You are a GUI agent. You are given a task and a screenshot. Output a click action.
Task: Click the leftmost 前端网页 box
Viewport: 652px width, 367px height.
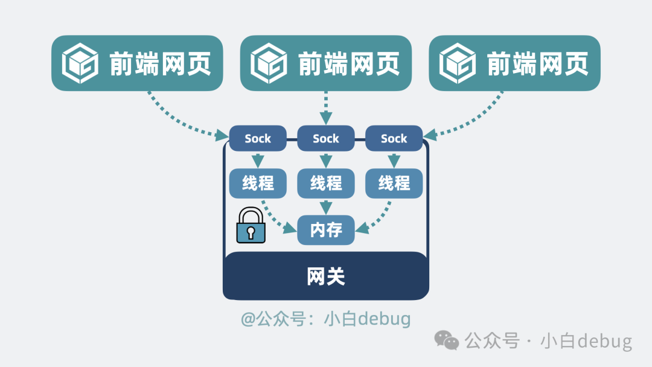137,63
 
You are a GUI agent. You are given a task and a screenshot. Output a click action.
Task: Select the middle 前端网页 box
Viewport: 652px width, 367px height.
326,63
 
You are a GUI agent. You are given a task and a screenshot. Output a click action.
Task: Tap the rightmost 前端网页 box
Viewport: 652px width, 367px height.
514,63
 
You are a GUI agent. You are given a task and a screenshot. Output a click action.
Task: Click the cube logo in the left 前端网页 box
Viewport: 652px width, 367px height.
80,63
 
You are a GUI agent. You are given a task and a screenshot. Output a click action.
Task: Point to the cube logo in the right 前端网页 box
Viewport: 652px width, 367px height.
457,63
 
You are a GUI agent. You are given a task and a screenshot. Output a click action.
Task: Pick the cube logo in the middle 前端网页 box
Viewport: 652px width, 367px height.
269,63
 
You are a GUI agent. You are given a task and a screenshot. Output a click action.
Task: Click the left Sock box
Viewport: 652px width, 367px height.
258,138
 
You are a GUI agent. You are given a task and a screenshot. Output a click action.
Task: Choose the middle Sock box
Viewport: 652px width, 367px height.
326,138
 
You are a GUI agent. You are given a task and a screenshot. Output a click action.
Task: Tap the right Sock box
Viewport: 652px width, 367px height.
394,138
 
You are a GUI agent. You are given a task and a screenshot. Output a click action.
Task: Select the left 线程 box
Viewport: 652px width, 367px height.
258,183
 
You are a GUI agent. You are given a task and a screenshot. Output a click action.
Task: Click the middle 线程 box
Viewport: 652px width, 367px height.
326,183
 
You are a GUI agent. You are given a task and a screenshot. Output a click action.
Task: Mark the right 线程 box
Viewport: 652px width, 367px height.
394,183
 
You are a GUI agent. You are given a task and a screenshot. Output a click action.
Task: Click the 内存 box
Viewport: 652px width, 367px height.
326,230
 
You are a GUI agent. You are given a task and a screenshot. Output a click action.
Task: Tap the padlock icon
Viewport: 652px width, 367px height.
251,225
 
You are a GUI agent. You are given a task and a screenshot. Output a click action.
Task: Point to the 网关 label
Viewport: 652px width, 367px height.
326,276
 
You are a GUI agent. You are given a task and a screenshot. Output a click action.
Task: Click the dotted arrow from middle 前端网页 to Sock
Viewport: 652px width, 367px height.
326,109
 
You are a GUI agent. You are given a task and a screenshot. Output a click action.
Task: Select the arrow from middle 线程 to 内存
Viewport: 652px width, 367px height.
326,206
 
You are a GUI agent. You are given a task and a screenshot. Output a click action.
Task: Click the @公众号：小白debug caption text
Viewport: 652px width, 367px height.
326,319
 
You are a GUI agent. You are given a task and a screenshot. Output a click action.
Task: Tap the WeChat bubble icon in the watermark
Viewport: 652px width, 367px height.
448,340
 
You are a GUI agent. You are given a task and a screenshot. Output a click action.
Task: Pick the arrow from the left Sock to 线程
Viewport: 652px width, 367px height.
258,161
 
